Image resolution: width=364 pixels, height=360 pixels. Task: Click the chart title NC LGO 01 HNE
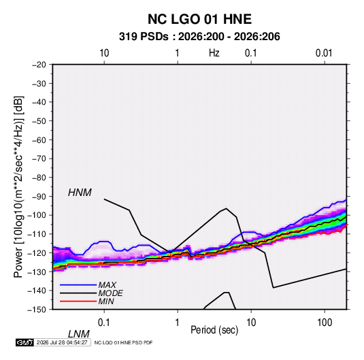tap(199, 19)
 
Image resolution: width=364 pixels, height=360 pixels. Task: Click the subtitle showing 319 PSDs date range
tap(199, 37)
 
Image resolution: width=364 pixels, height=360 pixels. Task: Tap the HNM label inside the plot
tap(80, 193)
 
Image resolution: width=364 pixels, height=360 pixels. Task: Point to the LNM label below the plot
tap(78, 334)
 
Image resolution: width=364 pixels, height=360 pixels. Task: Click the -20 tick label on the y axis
tap(39, 65)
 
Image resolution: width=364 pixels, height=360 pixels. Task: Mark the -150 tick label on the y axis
tap(37, 310)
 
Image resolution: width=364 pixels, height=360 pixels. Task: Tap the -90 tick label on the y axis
tap(39, 197)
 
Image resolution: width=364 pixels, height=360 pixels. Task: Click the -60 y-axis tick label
tap(39, 140)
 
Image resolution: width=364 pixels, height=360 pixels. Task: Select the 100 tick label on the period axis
tap(325, 323)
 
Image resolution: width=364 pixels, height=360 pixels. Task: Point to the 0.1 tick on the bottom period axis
tap(104, 323)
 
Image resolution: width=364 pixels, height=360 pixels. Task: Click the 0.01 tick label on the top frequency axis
tap(324, 53)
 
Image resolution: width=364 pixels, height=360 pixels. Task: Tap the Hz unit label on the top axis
tap(214, 53)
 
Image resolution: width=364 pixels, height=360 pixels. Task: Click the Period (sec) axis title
tap(214, 330)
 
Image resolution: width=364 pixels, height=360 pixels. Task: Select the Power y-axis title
tap(18, 187)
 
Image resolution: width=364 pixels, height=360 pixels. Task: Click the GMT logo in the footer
tap(25, 342)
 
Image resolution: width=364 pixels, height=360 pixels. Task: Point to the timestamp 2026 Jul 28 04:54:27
tap(62, 342)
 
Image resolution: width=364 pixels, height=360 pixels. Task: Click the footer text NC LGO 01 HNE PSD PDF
tap(124, 342)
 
